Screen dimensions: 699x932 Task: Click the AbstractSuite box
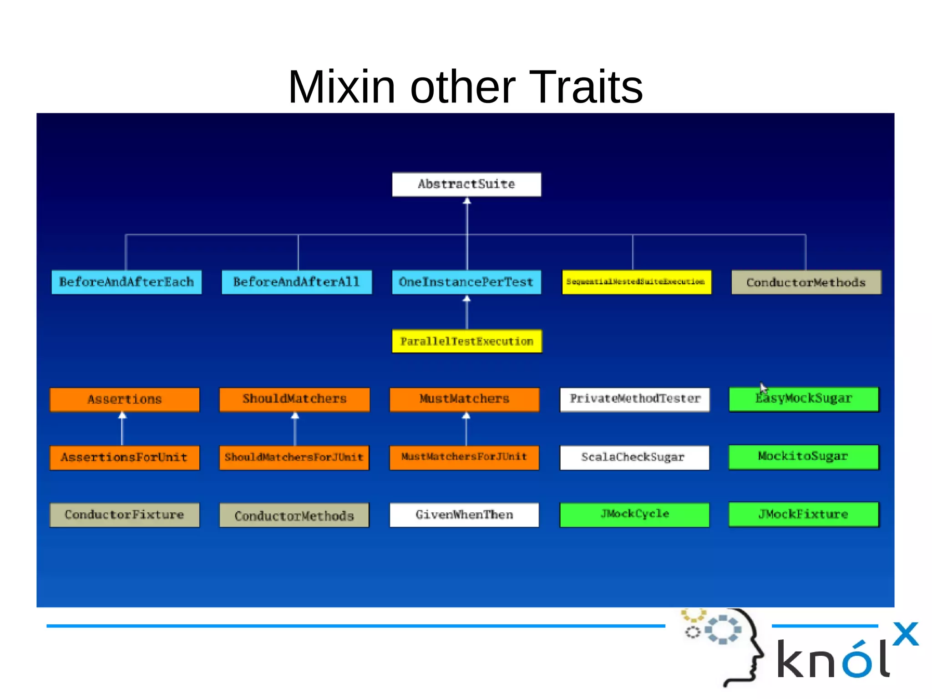[466, 184]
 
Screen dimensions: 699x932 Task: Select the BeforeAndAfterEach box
[127, 282]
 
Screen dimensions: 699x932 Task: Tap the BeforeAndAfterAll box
[296, 282]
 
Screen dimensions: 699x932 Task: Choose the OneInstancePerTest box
[466, 282]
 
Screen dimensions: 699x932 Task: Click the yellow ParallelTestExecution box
[467, 342]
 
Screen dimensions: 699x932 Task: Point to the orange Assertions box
[125, 399]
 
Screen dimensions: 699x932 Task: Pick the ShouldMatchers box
[294, 399]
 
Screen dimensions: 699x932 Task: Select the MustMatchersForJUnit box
[464, 457]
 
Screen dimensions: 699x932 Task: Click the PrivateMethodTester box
[635, 399]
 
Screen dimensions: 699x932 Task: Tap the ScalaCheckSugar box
[634, 457]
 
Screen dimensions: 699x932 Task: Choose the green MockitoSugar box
[804, 457]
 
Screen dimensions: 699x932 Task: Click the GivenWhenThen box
[464, 515]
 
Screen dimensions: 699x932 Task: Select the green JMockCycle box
[634, 515]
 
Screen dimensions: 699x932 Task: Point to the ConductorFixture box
[125, 515]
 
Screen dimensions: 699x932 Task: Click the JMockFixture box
[804, 515]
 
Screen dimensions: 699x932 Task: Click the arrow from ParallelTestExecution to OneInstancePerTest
[467, 313]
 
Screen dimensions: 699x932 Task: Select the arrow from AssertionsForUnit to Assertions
[122, 429]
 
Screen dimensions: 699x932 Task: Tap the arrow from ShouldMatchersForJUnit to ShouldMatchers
[295, 429]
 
